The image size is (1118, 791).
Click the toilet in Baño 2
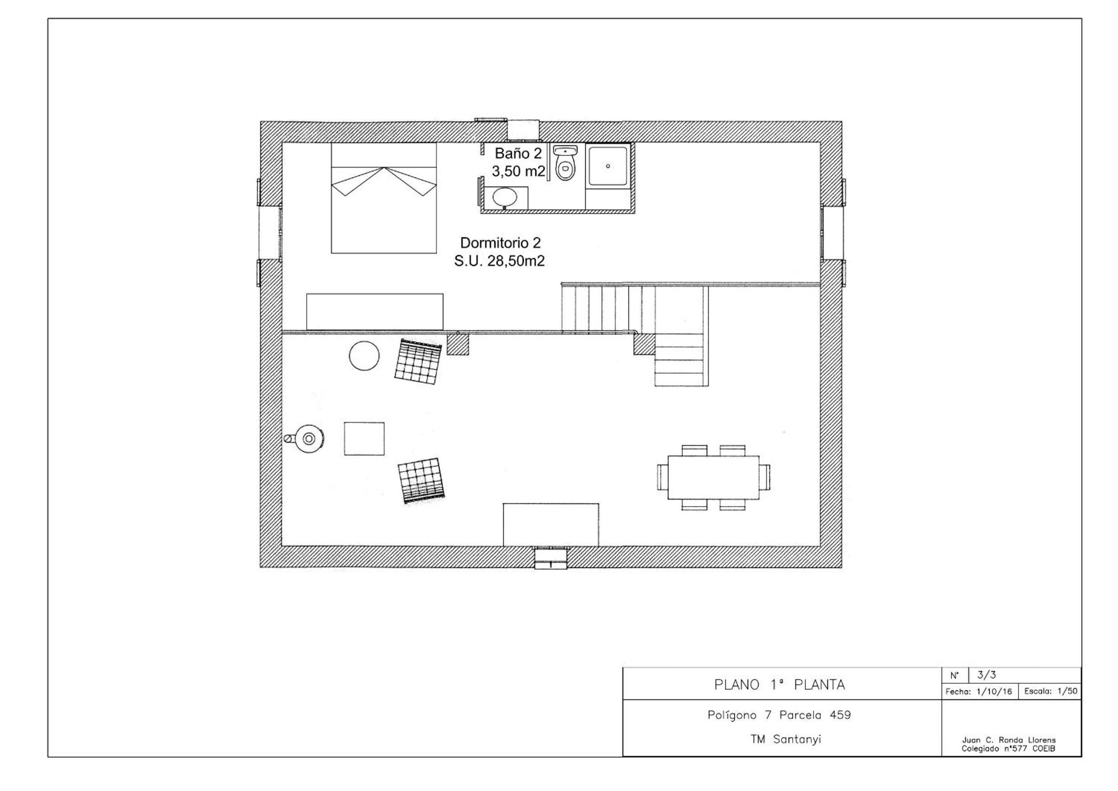click(565, 163)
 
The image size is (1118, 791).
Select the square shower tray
click(608, 165)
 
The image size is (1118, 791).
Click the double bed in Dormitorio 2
click(383, 198)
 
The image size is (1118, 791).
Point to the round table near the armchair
click(364, 356)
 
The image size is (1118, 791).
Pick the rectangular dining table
click(713, 477)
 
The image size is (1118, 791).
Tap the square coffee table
click(364, 439)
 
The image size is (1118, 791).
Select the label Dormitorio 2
click(501, 242)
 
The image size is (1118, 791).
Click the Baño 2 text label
click(518, 153)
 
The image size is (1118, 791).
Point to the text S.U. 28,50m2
click(500, 261)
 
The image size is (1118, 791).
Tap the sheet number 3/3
click(986, 675)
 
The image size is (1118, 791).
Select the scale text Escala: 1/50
click(1051, 691)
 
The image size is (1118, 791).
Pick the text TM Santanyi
click(786, 739)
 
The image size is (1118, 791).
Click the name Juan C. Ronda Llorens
click(1009, 740)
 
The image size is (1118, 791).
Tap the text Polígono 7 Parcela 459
click(779, 715)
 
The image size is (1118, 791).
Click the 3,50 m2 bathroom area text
click(518, 171)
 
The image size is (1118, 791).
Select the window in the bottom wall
click(551, 558)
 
